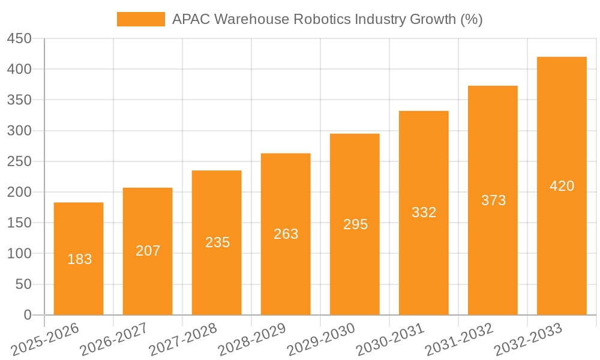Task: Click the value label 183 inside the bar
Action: pos(80,259)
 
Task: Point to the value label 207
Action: pos(148,251)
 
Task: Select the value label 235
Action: pos(217,242)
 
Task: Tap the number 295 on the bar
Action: pos(355,224)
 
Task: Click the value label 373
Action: pos(493,200)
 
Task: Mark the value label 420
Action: pos(562,186)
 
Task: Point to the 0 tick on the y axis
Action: pos(27,315)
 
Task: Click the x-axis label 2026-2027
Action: pos(113,340)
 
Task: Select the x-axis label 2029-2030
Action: pos(320,340)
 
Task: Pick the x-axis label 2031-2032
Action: pos(458,340)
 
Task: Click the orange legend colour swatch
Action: pos(140,19)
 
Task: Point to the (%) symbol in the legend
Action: pos(472,19)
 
